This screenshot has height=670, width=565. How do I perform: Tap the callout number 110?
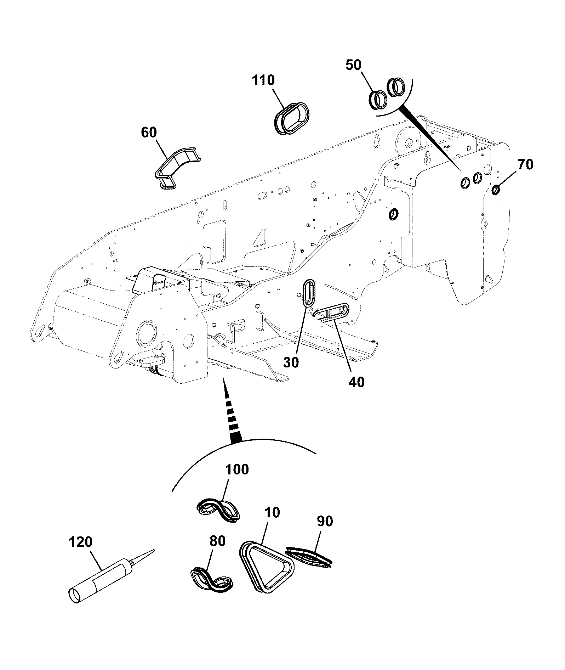(263, 80)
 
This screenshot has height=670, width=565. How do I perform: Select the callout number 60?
(149, 133)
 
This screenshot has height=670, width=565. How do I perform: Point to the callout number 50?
(353, 65)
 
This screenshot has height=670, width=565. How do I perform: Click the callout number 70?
(525, 164)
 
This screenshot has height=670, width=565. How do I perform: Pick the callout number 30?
(291, 362)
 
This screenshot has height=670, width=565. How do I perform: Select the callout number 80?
(217, 541)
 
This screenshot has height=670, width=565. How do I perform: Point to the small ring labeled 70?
(496, 190)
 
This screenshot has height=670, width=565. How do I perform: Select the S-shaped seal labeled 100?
(219, 511)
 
